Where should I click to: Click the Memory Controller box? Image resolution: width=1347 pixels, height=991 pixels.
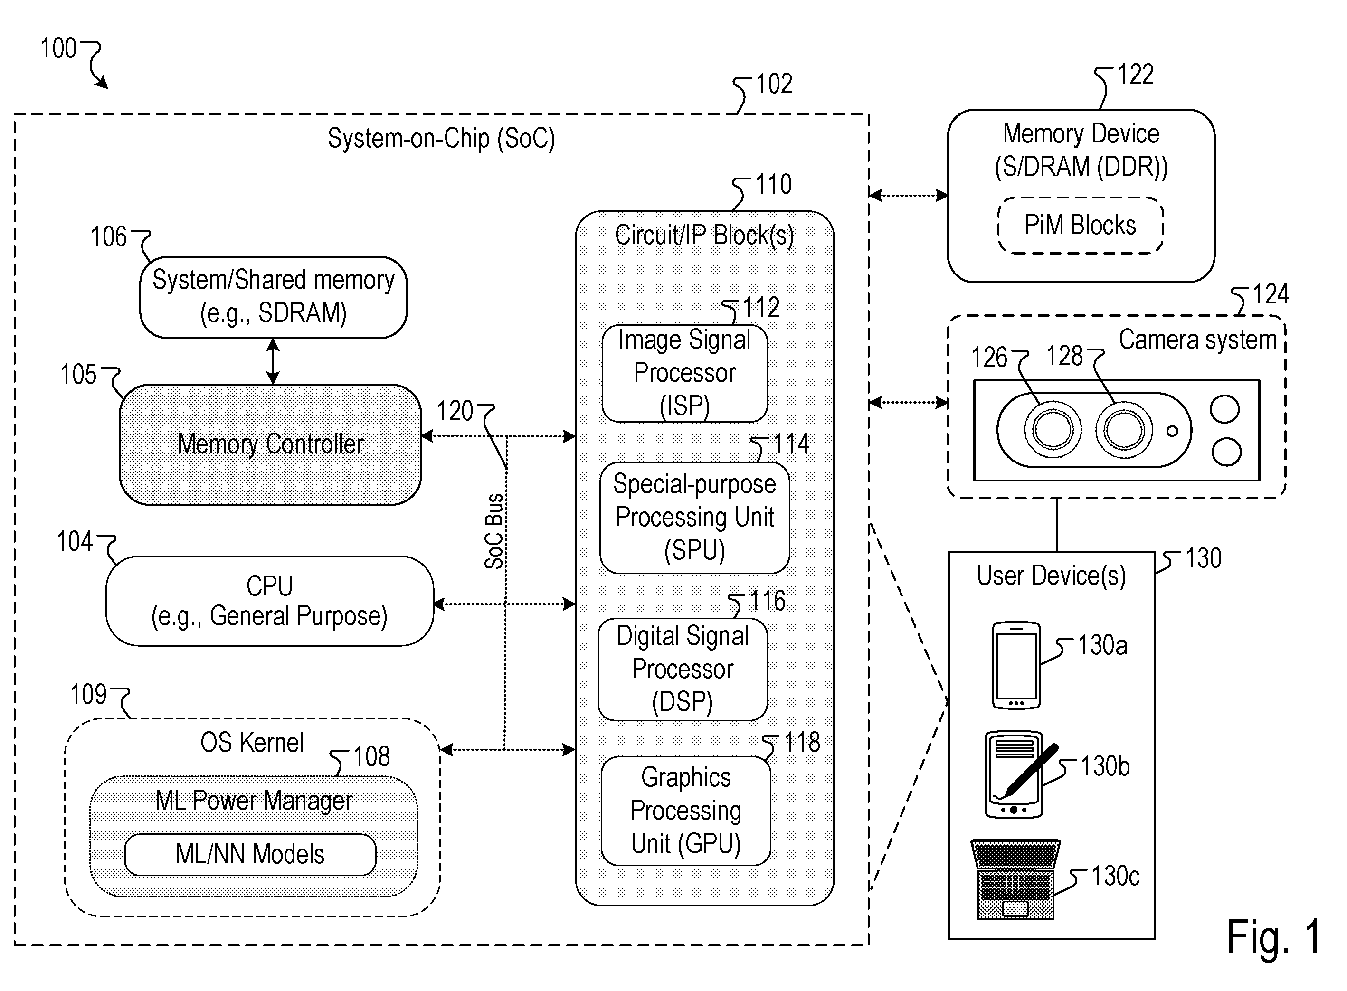click(271, 444)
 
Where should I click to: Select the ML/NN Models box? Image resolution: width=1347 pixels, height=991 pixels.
click(250, 854)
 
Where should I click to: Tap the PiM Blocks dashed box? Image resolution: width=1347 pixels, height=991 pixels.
click(1081, 226)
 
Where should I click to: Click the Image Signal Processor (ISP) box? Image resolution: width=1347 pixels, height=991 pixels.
click(684, 373)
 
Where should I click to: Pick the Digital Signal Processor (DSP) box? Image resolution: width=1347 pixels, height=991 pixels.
click(683, 669)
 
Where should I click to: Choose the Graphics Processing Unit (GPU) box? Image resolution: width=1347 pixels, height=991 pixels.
click(686, 811)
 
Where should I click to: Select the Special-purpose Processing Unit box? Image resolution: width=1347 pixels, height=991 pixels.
click(695, 517)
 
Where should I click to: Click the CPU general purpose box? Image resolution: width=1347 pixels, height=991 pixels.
click(269, 601)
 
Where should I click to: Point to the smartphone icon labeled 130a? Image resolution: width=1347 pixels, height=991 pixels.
click(1016, 665)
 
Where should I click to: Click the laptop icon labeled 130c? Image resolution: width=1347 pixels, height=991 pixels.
click(1015, 879)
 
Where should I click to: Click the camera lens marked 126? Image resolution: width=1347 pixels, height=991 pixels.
click(1053, 430)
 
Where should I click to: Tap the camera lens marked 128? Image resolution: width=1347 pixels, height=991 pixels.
click(1124, 430)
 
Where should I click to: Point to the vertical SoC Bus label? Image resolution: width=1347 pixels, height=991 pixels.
click(494, 531)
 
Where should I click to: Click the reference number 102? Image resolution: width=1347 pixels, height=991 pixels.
click(774, 84)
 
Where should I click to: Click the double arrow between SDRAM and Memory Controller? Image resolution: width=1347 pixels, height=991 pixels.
click(273, 361)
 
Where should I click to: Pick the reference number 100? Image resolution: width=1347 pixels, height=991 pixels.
click(58, 48)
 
